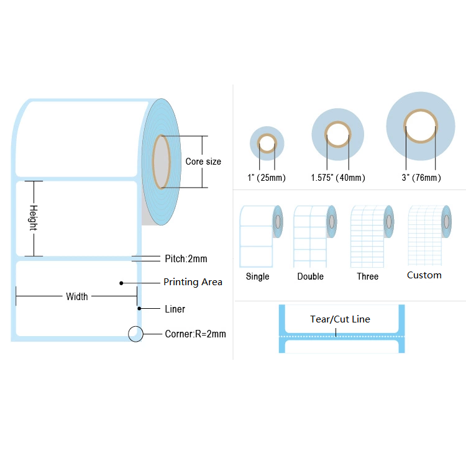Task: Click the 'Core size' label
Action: (203, 162)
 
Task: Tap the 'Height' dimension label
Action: (34, 218)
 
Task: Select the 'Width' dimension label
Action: (77, 297)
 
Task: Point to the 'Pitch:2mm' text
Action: (186, 258)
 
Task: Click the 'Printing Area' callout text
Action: (193, 283)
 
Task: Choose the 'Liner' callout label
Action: (175, 309)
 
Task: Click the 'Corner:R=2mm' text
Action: (195, 334)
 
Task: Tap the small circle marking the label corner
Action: (135, 334)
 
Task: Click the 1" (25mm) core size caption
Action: (267, 178)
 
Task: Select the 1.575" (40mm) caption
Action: (338, 178)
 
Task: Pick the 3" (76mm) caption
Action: (420, 178)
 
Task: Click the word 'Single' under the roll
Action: (258, 276)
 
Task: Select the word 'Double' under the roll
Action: (311, 276)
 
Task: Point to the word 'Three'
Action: (367, 276)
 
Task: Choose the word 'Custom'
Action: (424, 275)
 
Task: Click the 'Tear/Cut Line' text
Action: (340, 319)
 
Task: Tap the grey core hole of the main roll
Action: (161, 162)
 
